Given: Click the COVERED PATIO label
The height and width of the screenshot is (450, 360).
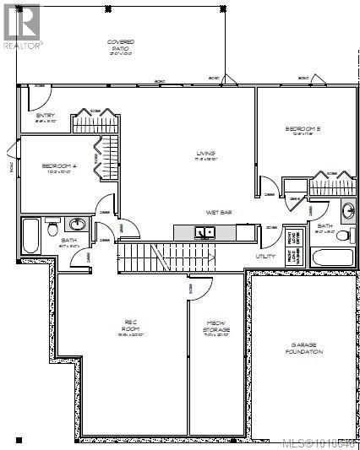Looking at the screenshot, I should click(120, 46).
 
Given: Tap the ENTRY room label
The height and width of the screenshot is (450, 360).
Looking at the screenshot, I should click(44, 117).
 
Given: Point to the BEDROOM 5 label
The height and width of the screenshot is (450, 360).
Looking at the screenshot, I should click(303, 128).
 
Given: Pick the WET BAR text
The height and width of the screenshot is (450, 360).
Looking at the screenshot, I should click(219, 213).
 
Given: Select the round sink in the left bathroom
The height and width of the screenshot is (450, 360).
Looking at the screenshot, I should click(78, 225).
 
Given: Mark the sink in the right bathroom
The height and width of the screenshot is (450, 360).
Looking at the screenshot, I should click(347, 210).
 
